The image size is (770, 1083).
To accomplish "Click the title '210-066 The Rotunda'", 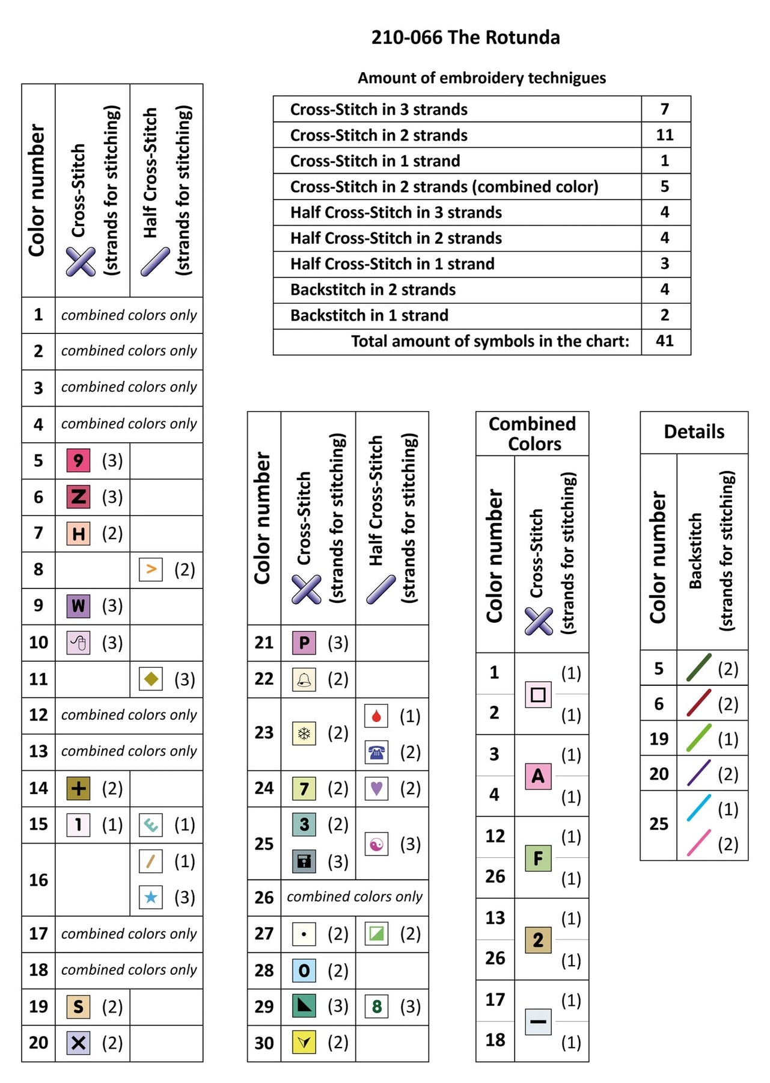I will coord(465,37).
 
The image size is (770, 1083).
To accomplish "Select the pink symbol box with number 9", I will coord(78,461).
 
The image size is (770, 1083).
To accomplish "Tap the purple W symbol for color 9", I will coord(78,606).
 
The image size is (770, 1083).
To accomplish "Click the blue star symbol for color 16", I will coord(150,898).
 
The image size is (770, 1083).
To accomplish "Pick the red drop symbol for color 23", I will coord(376,716).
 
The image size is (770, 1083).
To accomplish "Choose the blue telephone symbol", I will coord(376,752).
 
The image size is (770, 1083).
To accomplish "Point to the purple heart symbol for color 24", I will coord(376,788).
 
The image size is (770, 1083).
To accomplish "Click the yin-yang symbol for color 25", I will coord(376,844).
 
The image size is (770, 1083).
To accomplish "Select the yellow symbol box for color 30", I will coord(304,1043).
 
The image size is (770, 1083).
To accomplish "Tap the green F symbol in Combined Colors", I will coord(538,858).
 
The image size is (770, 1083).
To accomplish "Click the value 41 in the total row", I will coord(665,341).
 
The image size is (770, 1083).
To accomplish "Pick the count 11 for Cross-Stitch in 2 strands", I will coord(665,135).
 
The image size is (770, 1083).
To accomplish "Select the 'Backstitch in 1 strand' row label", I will coord(369,315).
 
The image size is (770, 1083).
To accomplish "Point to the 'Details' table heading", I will coord(694,432).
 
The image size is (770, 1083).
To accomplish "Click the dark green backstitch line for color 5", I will coord(699,668).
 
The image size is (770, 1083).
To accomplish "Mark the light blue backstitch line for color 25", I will coord(699,808).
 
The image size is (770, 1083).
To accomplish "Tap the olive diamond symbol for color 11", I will coord(150,679).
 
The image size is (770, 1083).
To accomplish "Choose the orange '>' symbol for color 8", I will coord(150,569).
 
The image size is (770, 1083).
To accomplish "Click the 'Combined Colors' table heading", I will coord(533,434).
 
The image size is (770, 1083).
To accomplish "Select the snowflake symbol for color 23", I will coord(304,733).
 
